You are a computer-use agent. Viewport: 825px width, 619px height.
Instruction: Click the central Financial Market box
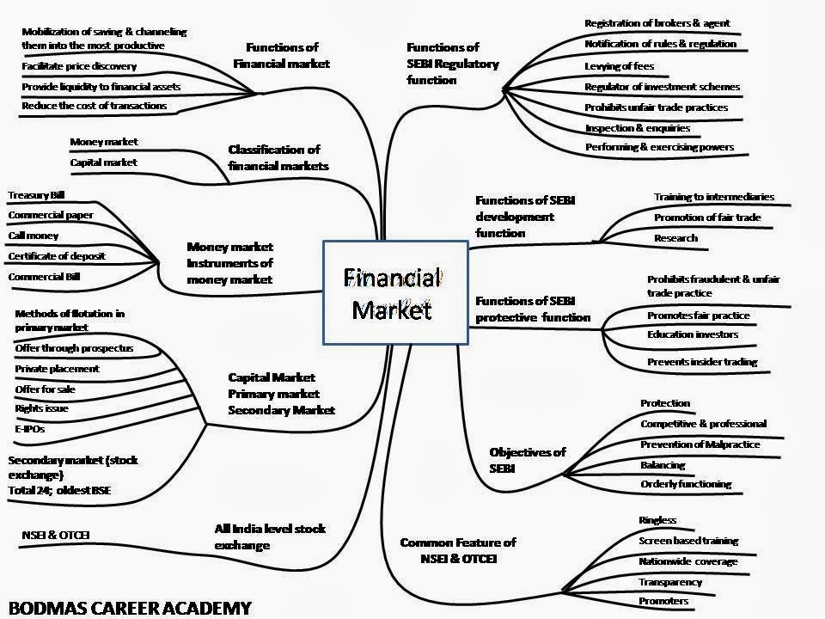click(x=395, y=292)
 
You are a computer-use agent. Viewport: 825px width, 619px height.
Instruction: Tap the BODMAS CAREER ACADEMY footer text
click(x=127, y=608)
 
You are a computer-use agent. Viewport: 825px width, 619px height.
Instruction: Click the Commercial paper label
click(x=51, y=215)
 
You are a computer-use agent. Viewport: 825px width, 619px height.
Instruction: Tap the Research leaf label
click(x=676, y=238)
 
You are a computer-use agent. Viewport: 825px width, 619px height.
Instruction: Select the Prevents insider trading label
click(x=702, y=362)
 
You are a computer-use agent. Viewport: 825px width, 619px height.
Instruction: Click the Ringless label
click(x=657, y=520)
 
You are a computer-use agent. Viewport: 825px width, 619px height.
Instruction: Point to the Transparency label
click(x=670, y=582)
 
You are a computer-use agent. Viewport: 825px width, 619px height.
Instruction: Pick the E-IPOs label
click(x=29, y=427)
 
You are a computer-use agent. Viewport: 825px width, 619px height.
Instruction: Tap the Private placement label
click(x=57, y=369)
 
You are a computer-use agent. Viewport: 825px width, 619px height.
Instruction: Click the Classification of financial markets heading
click(x=278, y=157)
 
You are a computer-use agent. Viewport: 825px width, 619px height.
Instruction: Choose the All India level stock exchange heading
click(x=270, y=536)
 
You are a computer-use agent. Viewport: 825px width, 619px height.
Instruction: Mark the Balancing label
click(x=663, y=465)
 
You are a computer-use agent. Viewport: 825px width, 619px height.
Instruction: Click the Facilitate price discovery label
click(x=79, y=66)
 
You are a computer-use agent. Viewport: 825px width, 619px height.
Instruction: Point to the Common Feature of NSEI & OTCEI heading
click(x=458, y=551)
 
